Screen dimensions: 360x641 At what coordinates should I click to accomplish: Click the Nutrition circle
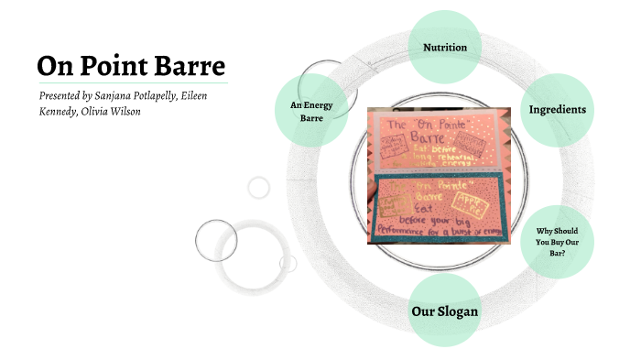pyautogui.click(x=445, y=47)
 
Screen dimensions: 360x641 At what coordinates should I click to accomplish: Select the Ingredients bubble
pyautogui.click(x=557, y=110)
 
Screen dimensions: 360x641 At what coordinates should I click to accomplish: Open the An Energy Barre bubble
pyautogui.click(x=311, y=111)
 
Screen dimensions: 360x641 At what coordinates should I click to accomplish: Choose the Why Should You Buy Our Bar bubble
pyautogui.click(x=556, y=241)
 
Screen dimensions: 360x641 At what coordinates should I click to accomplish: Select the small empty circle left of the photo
pyautogui.click(x=259, y=188)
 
